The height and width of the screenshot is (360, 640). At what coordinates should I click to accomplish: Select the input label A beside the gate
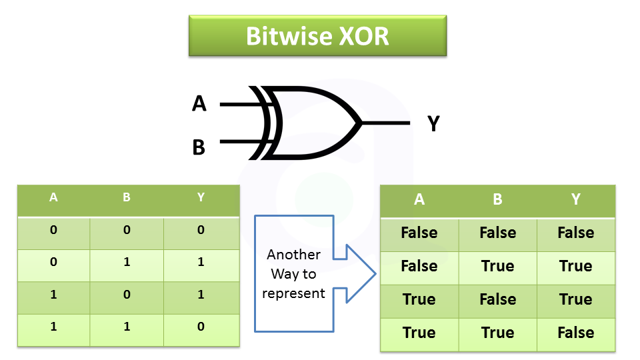pyautogui.click(x=199, y=104)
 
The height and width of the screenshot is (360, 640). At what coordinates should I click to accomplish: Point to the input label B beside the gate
pyautogui.click(x=199, y=147)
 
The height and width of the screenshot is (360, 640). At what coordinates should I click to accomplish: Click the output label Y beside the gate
pyautogui.click(x=433, y=123)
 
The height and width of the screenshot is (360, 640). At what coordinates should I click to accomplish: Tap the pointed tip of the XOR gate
pyautogui.click(x=361, y=123)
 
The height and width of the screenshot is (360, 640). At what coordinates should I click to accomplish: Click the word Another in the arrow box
pyautogui.click(x=293, y=255)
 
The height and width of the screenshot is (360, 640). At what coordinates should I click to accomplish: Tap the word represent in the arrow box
pyautogui.click(x=293, y=293)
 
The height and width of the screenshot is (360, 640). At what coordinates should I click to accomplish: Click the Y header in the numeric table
pyautogui.click(x=201, y=198)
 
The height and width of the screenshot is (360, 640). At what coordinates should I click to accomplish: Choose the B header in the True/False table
pyautogui.click(x=497, y=199)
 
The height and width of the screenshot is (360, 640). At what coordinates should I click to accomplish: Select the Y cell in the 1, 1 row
pyautogui.click(x=201, y=327)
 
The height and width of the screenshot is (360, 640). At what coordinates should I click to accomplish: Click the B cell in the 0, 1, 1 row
pyautogui.click(x=127, y=262)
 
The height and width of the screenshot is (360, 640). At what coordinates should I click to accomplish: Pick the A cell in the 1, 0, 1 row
pyautogui.click(x=53, y=295)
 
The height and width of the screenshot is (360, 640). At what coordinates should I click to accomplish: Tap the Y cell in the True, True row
pyautogui.click(x=575, y=333)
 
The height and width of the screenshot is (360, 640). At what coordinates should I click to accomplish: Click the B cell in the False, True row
pyautogui.click(x=497, y=266)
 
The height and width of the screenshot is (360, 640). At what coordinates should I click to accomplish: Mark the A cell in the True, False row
pyautogui.click(x=419, y=299)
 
